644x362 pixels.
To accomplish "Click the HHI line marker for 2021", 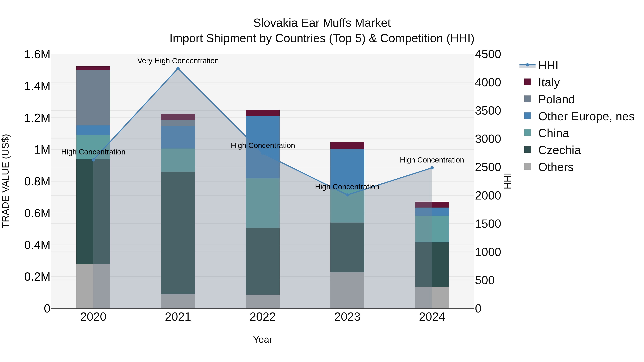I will coord(178,68).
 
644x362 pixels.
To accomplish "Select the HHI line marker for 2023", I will coord(347,195).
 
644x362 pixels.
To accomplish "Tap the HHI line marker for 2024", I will coord(432,168).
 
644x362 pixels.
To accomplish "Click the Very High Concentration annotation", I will coord(178,61).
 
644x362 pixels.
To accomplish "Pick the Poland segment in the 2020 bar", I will coord(93,97).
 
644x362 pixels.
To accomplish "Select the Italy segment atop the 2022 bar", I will coord(262,113).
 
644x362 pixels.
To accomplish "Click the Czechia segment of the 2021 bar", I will coord(178,232).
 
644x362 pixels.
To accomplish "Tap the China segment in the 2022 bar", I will coord(262,203).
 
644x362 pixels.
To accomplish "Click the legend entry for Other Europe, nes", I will coord(586,116).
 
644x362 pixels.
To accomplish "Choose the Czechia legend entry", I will coord(559,150).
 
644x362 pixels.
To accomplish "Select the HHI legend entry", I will coord(548,65).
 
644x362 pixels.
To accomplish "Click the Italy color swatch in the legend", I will coord(528,82).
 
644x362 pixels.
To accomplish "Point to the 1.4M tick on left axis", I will coord(37,86).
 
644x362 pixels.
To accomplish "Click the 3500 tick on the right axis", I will coord(488,111).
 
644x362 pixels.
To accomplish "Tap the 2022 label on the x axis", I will coord(262,317).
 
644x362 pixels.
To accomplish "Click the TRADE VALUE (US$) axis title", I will coord(6,181).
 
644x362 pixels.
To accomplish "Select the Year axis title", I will coord(262,339).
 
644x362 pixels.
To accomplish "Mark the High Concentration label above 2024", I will coord(432,160).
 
